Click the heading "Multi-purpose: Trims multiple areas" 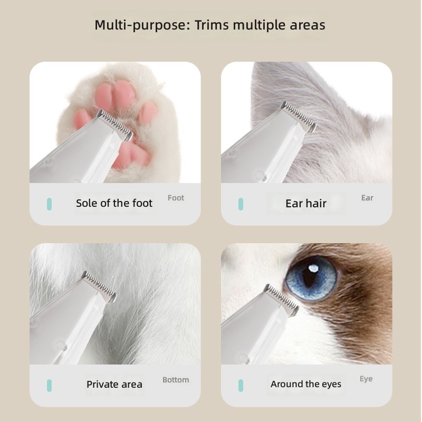pyautogui.click(x=210, y=25)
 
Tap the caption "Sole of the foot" pyautogui.click(x=114, y=203)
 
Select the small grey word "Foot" pyautogui.click(x=176, y=198)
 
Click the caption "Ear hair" pyautogui.click(x=306, y=204)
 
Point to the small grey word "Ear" pyautogui.click(x=367, y=198)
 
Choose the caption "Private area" pyautogui.click(x=114, y=385)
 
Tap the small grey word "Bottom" pyautogui.click(x=176, y=380)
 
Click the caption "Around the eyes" pyautogui.click(x=306, y=384)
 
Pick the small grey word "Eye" pyautogui.click(x=366, y=379)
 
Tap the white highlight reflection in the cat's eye pyautogui.click(x=313, y=268)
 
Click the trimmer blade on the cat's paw pyautogui.click(x=115, y=125)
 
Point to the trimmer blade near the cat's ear pyautogui.click(x=298, y=117)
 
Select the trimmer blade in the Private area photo pyautogui.click(x=99, y=286)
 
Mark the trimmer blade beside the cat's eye pyautogui.click(x=281, y=300)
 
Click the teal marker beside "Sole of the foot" pyautogui.click(x=49, y=204)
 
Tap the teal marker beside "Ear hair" pyautogui.click(x=241, y=204)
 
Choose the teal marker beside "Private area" pyautogui.click(x=49, y=386)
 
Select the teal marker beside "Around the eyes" pyautogui.click(x=241, y=386)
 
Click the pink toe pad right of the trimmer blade pyautogui.click(x=148, y=112)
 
